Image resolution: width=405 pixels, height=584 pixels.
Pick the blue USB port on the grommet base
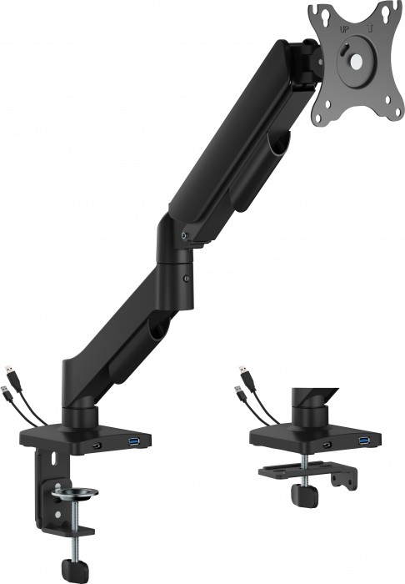tap(363, 440)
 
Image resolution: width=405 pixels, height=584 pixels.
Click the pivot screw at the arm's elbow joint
tap(184, 239)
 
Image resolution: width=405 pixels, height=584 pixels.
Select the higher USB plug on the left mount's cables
tap(9, 368)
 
